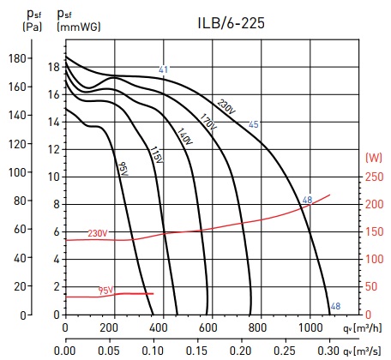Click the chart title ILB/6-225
pyautogui.click(x=231, y=23)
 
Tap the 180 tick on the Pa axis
pyautogui.click(x=18, y=58)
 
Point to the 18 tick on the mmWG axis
pyautogui.click(x=54, y=67)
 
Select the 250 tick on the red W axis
pyautogui.click(x=374, y=177)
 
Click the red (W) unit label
pyautogui.click(x=374, y=158)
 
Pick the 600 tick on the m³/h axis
pyautogui.click(x=208, y=327)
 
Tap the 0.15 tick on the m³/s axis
pyautogui.click(x=196, y=351)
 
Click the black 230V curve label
pyautogui.click(x=226, y=107)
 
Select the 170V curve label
pyautogui.click(x=208, y=122)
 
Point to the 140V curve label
pyautogui.click(x=185, y=136)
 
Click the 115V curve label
pyautogui.click(x=156, y=155)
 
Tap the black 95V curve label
pyautogui.click(x=123, y=169)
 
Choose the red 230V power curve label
pyautogui.click(x=98, y=233)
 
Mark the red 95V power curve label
pyautogui.click(x=105, y=291)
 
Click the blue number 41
pyautogui.click(x=163, y=69)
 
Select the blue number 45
pyautogui.click(x=254, y=124)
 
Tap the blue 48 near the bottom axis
pyautogui.click(x=335, y=306)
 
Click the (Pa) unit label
pyautogui.click(x=33, y=27)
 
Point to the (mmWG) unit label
pyautogui.click(x=79, y=27)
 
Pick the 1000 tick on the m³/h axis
pyautogui.click(x=310, y=327)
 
